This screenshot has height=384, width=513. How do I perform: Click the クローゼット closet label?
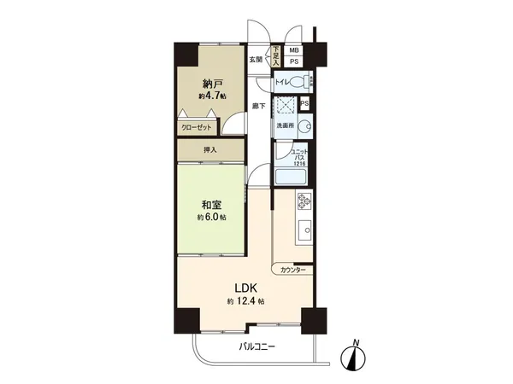(198, 126)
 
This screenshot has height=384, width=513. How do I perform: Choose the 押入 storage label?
(210, 150)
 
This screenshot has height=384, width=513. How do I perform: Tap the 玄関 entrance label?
(256, 60)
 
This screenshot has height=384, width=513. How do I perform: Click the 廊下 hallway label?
(258, 106)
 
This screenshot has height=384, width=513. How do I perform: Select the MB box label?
(293, 50)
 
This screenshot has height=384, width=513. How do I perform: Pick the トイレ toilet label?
(281, 83)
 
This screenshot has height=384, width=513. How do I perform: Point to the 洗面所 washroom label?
(284, 126)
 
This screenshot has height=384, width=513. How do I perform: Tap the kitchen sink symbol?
(304, 232)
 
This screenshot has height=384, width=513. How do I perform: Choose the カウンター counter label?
(292, 269)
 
